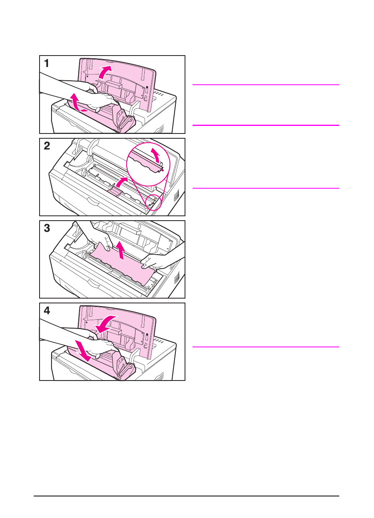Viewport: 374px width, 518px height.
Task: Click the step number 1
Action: click(x=47, y=64)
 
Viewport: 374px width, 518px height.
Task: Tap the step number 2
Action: click(x=47, y=146)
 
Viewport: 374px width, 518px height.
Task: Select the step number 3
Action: click(x=47, y=228)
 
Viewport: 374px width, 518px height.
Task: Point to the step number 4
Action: click(x=47, y=311)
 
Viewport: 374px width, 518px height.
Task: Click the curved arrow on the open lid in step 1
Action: click(x=105, y=72)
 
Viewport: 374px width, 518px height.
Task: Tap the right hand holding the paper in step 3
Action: click(x=158, y=262)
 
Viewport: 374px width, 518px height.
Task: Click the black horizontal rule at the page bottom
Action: click(x=186, y=496)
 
